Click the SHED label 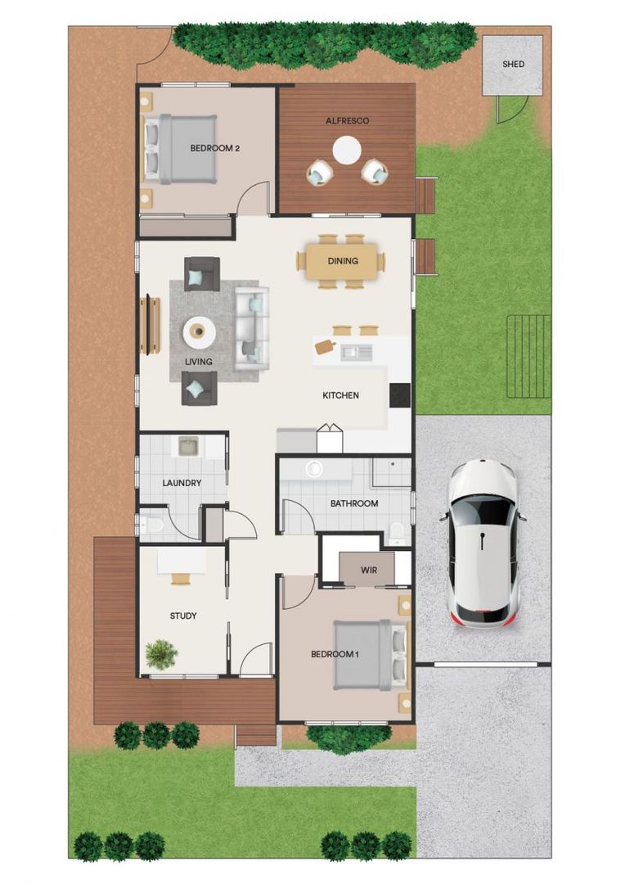pos(513,64)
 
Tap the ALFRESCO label pos(348,120)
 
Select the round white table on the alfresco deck pos(347,150)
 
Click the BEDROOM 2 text pos(214,148)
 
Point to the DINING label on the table pos(343,261)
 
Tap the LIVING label pos(198,361)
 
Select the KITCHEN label pos(340,395)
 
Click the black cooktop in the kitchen pos(399,395)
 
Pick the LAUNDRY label pos(182,483)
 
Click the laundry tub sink pos(188,446)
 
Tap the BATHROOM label pos(354,503)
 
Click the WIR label pos(369,570)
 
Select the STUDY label pos(183,616)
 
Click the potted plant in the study pos(161,653)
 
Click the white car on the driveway pos(483,543)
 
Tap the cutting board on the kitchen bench pos(326,347)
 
